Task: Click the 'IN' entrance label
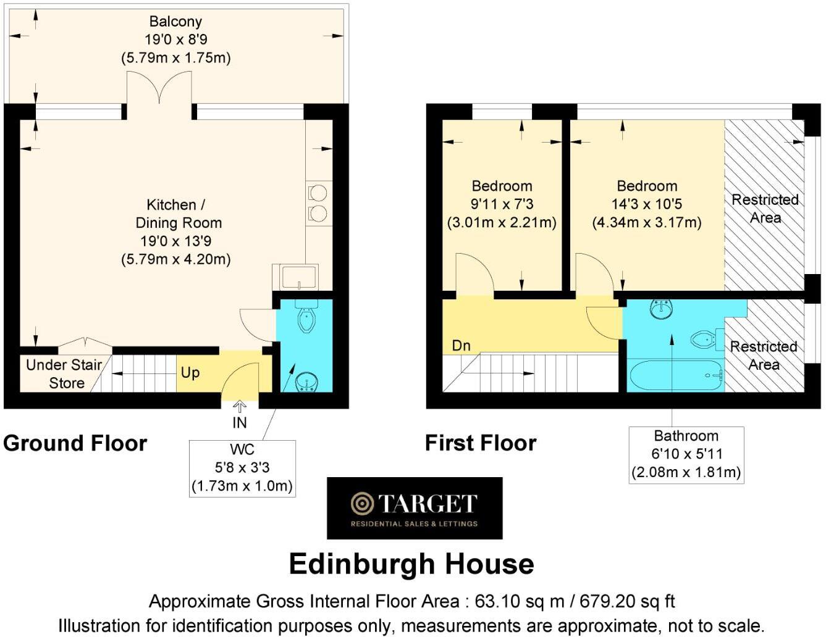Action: coord(239,423)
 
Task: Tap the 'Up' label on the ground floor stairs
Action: coord(190,373)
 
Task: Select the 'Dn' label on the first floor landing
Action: coord(461,346)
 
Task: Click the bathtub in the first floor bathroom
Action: coord(675,375)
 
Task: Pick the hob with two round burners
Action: coord(318,203)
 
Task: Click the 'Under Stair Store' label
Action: coord(64,373)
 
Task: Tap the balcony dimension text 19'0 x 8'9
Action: coord(175,40)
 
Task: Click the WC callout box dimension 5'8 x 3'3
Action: coord(242,468)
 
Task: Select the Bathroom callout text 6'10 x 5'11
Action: coord(686,454)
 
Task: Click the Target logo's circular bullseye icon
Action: coord(362,504)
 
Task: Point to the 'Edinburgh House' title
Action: coord(411,564)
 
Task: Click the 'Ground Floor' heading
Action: coord(75,443)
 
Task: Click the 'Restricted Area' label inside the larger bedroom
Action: coord(765,209)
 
